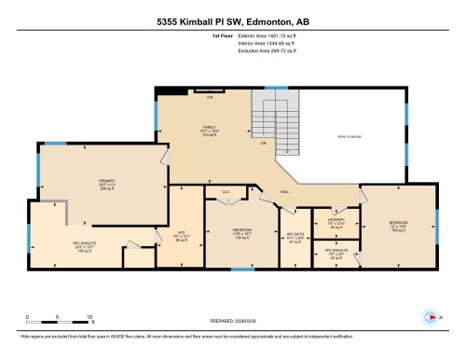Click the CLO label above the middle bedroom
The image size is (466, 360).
(x=226, y=190)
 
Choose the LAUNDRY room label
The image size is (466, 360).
(x=336, y=222)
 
